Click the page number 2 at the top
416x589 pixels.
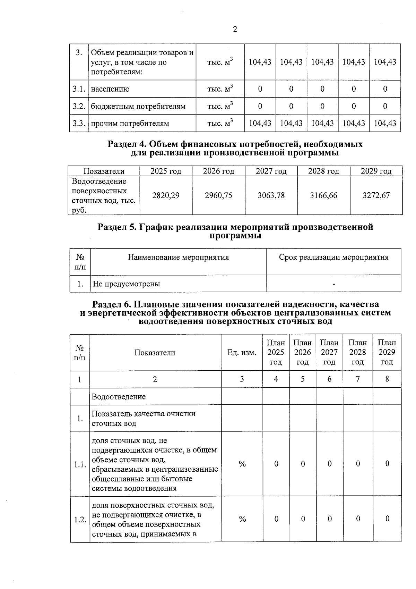[x=235, y=30]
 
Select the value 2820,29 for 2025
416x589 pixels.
[x=166, y=195]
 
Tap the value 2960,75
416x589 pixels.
[x=218, y=195]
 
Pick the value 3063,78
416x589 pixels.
[x=271, y=195]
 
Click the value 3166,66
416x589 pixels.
[x=323, y=195]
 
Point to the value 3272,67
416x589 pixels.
[x=376, y=195]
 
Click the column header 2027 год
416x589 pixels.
[x=271, y=171]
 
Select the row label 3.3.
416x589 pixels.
[x=79, y=124]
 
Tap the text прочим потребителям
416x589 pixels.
[x=130, y=124]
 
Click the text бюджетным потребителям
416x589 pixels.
[x=138, y=106]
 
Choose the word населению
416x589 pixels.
[x=110, y=89]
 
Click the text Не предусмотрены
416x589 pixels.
[x=127, y=284]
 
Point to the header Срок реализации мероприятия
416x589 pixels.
[x=333, y=257]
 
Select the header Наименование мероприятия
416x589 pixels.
[x=179, y=257]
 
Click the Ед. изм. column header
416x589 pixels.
[x=242, y=353]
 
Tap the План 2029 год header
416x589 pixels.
[x=387, y=352]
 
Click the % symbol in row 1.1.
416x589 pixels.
[x=242, y=464]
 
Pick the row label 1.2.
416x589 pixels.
[x=80, y=520]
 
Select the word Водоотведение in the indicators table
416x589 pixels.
[x=119, y=397]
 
